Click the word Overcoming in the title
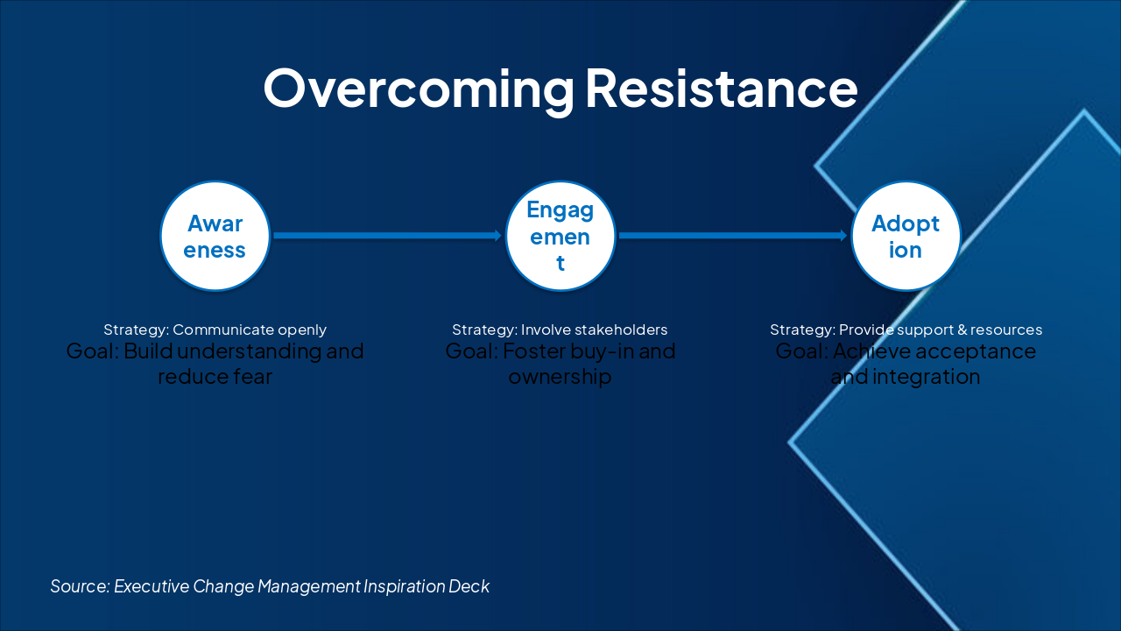pos(419,89)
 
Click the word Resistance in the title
pos(721,89)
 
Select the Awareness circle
pos(215,237)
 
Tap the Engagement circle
pos(560,237)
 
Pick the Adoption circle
pos(906,237)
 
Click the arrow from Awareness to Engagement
pos(385,236)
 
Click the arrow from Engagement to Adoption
pos(731,236)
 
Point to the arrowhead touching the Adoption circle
pos(843,236)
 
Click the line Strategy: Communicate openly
pos(215,330)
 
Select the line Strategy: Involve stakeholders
pos(560,330)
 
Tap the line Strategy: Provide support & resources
pos(906,330)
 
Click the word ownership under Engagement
pos(560,377)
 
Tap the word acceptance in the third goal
pos(978,352)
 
